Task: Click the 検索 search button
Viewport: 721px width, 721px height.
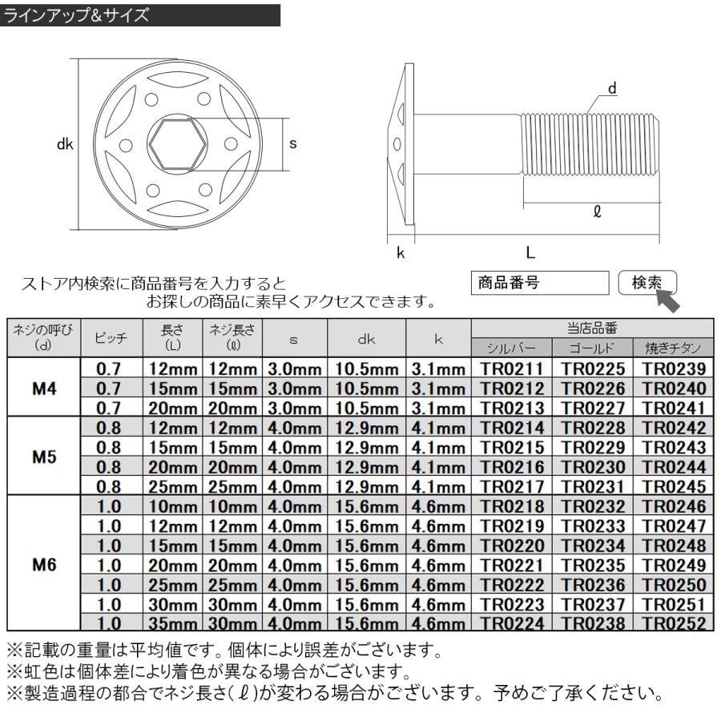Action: click(x=647, y=284)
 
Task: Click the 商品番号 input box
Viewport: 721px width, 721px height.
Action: click(x=541, y=284)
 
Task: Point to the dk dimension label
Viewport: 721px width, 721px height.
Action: click(x=65, y=144)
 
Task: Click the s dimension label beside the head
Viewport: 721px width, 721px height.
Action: click(x=293, y=143)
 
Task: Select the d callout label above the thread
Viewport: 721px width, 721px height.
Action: click(x=613, y=89)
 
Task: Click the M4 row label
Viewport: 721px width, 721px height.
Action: click(x=44, y=388)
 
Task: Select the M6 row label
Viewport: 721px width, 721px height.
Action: click(x=44, y=563)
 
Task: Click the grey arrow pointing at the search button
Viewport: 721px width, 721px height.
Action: click(x=670, y=300)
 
